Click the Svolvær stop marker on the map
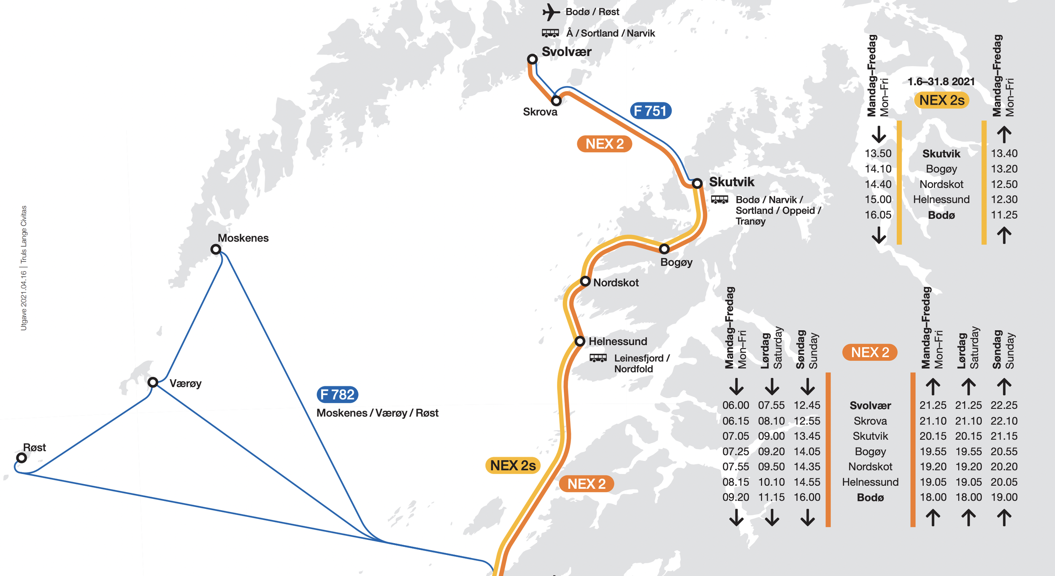click(x=532, y=59)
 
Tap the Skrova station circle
click(x=556, y=101)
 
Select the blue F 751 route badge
click(x=650, y=111)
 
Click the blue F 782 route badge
click(x=337, y=395)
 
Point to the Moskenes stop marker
click(x=216, y=249)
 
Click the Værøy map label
click(x=185, y=383)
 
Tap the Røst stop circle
click(x=22, y=458)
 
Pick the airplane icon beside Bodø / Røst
click(x=551, y=12)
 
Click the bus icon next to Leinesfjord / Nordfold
click(x=598, y=358)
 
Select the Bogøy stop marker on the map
click(x=664, y=249)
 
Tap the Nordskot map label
click(x=616, y=283)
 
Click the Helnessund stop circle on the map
click(x=580, y=341)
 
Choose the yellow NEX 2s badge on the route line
click(x=513, y=466)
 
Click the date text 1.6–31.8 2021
click(x=941, y=82)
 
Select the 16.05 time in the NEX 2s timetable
click(x=878, y=215)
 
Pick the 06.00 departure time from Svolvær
click(x=736, y=405)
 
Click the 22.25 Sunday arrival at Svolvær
click(x=1004, y=405)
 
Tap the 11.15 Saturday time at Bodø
click(x=771, y=497)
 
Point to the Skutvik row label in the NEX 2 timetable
click(x=870, y=436)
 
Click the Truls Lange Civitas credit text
click(x=24, y=234)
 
